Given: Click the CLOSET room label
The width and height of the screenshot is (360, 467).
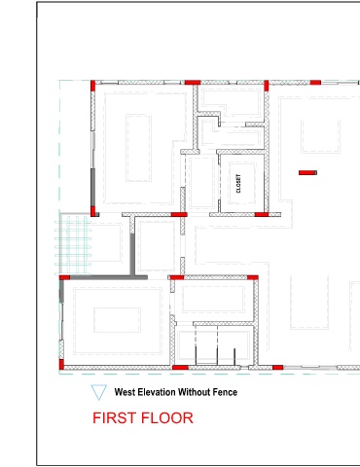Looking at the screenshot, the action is [238, 184].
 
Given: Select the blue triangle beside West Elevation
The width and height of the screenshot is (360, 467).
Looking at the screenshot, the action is [99, 392].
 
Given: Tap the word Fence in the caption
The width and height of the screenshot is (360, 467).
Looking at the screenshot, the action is [225, 392].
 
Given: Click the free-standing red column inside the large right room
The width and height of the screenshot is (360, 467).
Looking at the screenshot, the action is [307, 172].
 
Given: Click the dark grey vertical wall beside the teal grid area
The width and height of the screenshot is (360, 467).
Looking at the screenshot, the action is [132, 254].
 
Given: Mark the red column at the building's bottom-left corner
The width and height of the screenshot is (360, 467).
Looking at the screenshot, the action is [61, 364].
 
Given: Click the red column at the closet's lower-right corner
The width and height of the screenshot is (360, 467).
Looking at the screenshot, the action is [262, 214].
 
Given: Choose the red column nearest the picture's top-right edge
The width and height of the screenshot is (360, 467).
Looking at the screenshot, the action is [315, 83].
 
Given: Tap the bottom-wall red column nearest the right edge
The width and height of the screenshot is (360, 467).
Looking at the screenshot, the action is [277, 368].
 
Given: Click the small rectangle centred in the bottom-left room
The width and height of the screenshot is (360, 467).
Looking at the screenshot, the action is [117, 320].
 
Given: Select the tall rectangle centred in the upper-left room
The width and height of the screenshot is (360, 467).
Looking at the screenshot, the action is [138, 148].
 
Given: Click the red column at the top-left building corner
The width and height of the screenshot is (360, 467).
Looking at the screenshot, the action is [92, 86].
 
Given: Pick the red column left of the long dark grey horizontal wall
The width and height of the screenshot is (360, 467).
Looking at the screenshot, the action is [64, 277].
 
